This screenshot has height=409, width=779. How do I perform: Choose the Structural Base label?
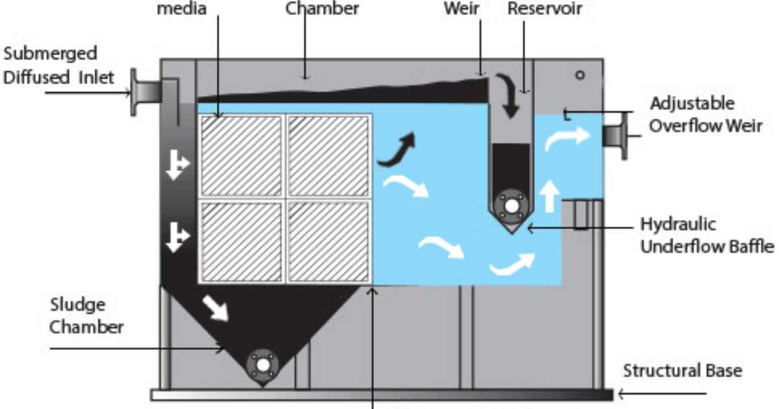[x=682, y=371]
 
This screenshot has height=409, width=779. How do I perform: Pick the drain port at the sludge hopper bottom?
[x=262, y=366]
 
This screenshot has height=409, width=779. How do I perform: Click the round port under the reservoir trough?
[x=511, y=206]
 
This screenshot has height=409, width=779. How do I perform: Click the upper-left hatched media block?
[x=241, y=156]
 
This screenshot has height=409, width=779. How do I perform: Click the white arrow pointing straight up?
[x=549, y=196]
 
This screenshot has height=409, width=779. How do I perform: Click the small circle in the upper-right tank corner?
[x=580, y=75]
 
